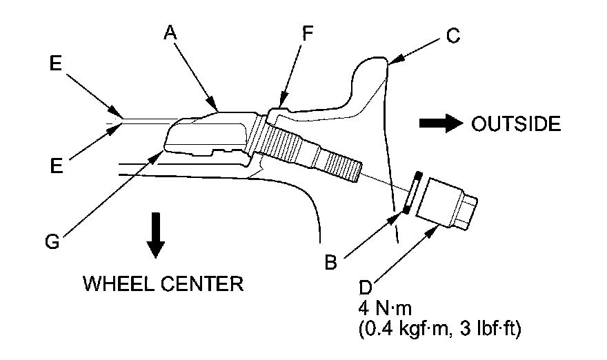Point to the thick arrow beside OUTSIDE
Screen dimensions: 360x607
click(x=441, y=123)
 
